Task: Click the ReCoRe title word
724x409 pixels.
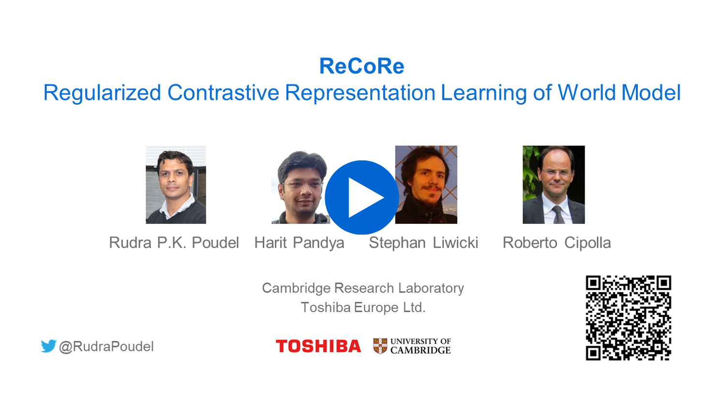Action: coord(362,66)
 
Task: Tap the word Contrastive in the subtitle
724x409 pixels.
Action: coord(223,93)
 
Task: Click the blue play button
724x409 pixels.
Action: coord(362,197)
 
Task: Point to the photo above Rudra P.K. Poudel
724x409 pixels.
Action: coord(176,185)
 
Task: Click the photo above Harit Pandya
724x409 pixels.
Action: coord(301,187)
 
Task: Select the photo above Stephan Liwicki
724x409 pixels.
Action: coord(426,185)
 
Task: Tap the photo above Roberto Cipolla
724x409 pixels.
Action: coord(554,185)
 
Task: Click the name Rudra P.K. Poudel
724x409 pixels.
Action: coord(174,243)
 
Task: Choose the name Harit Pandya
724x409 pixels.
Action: coord(299,243)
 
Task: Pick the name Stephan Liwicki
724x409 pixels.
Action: coord(423,243)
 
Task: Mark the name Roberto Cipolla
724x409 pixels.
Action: coord(557,243)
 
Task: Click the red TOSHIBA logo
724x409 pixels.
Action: coord(318,346)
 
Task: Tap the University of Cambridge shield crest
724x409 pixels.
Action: coord(380,346)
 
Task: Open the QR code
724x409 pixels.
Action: coord(628,318)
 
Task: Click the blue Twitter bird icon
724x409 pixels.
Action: coord(48,346)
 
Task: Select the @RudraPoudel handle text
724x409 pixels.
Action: coord(106,346)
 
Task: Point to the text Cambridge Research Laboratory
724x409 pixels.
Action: coord(362,288)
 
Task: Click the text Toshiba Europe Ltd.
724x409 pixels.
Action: coord(363,307)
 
